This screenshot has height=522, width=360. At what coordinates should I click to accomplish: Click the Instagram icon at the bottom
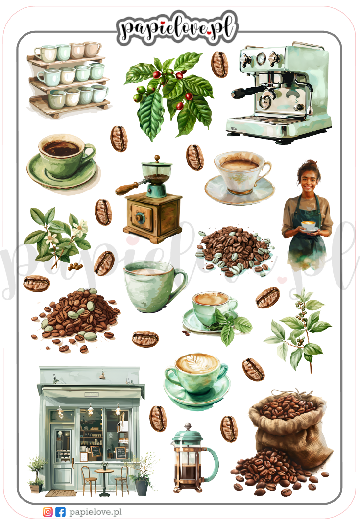(48, 512)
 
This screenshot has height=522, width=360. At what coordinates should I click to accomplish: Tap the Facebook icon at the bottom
(60, 512)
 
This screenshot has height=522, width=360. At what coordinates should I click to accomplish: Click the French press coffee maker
(194, 458)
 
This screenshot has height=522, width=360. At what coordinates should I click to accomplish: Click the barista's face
(310, 181)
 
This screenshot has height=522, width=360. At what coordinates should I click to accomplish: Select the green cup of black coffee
(63, 161)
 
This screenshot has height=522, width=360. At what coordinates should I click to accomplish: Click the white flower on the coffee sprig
(80, 228)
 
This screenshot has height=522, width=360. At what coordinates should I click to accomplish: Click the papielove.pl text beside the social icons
(96, 512)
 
